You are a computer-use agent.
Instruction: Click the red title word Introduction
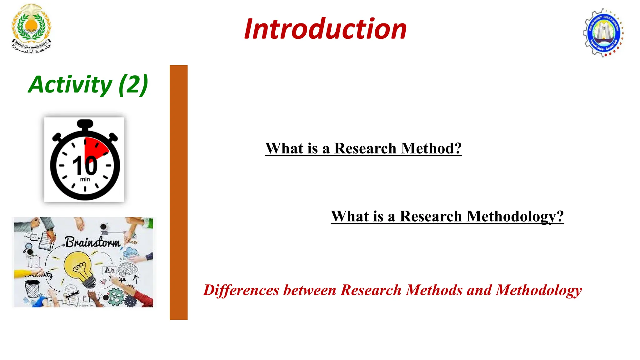click(325, 29)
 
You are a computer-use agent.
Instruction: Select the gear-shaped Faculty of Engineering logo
click(603, 33)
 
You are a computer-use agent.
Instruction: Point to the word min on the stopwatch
click(85, 179)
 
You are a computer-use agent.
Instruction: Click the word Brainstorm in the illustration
click(92, 242)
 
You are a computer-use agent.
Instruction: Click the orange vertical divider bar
click(178, 192)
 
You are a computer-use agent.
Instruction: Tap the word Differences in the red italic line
click(241, 290)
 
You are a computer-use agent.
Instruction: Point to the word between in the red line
click(310, 290)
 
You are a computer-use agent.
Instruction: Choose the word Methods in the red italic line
click(434, 290)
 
